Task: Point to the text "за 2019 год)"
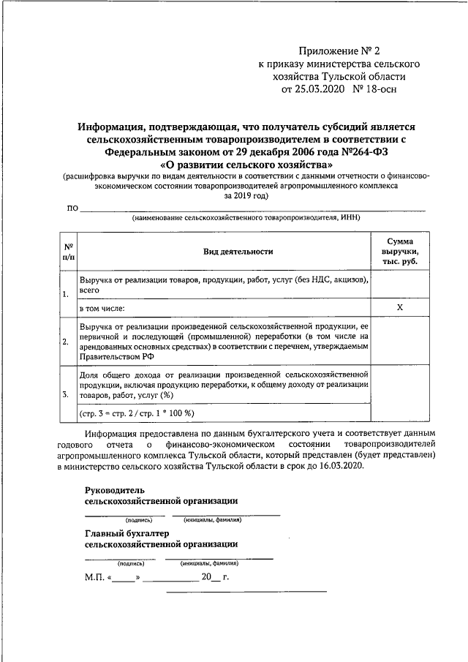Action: (235, 195)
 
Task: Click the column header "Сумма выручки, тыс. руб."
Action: (400, 252)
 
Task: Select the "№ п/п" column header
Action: (68, 252)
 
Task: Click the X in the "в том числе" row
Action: (400, 308)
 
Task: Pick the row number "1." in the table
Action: (66, 295)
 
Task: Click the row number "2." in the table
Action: (66, 342)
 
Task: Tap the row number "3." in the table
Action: (66, 395)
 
